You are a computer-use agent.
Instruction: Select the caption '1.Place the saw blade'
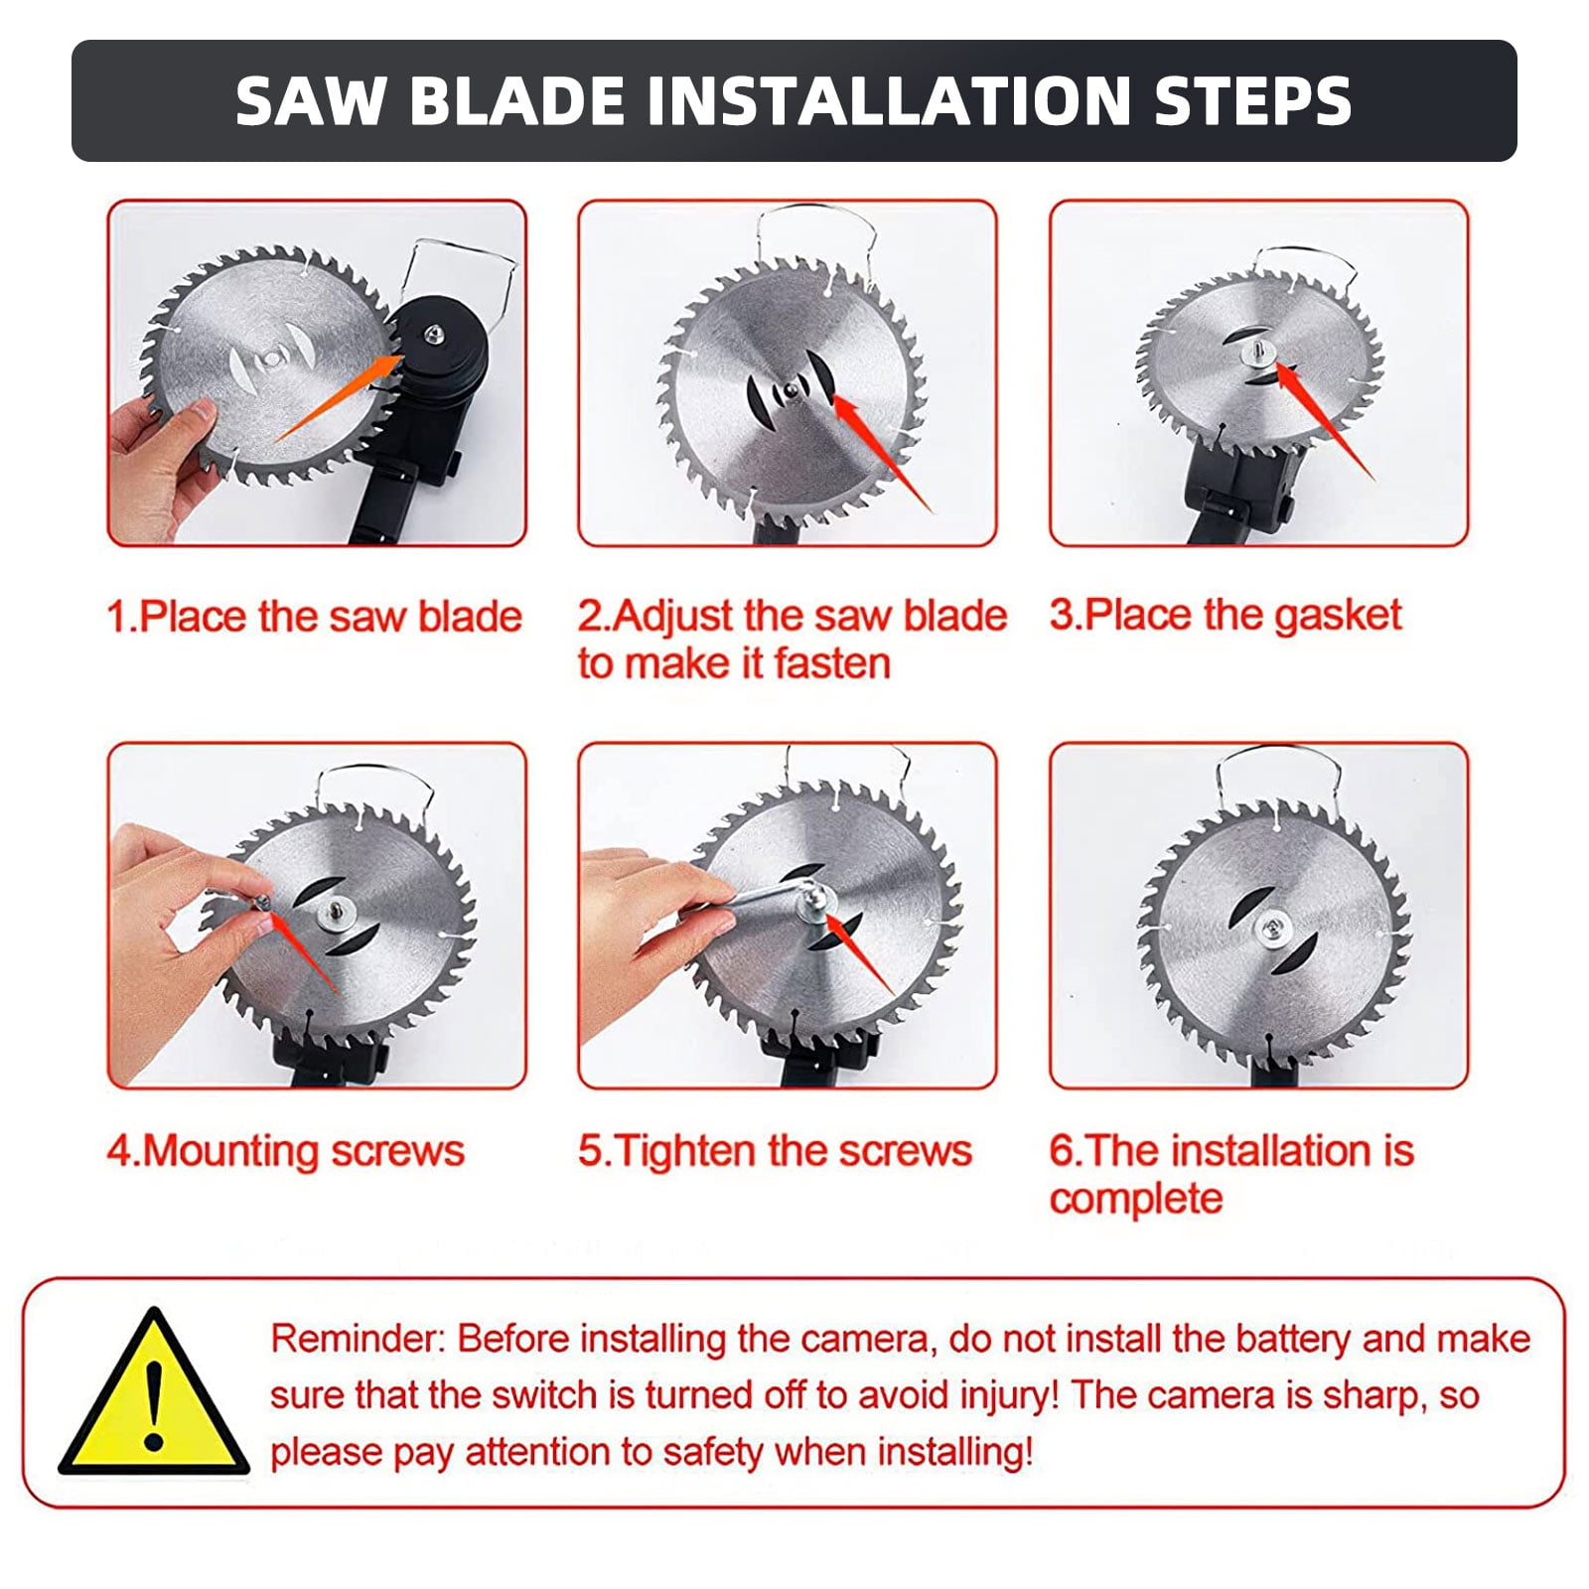pyautogui.click(x=315, y=617)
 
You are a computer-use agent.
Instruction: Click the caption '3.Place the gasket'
pyautogui.click(x=1226, y=616)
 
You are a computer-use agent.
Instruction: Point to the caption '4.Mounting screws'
pyautogui.click(x=286, y=1151)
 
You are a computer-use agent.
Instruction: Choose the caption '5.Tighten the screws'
pyautogui.click(x=776, y=1151)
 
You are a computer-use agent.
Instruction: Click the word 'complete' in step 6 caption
pyautogui.click(x=1136, y=1199)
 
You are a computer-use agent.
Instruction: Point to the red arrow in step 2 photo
pyautogui.click(x=882, y=452)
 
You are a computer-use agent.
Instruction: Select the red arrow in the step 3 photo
pyautogui.click(x=1324, y=421)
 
